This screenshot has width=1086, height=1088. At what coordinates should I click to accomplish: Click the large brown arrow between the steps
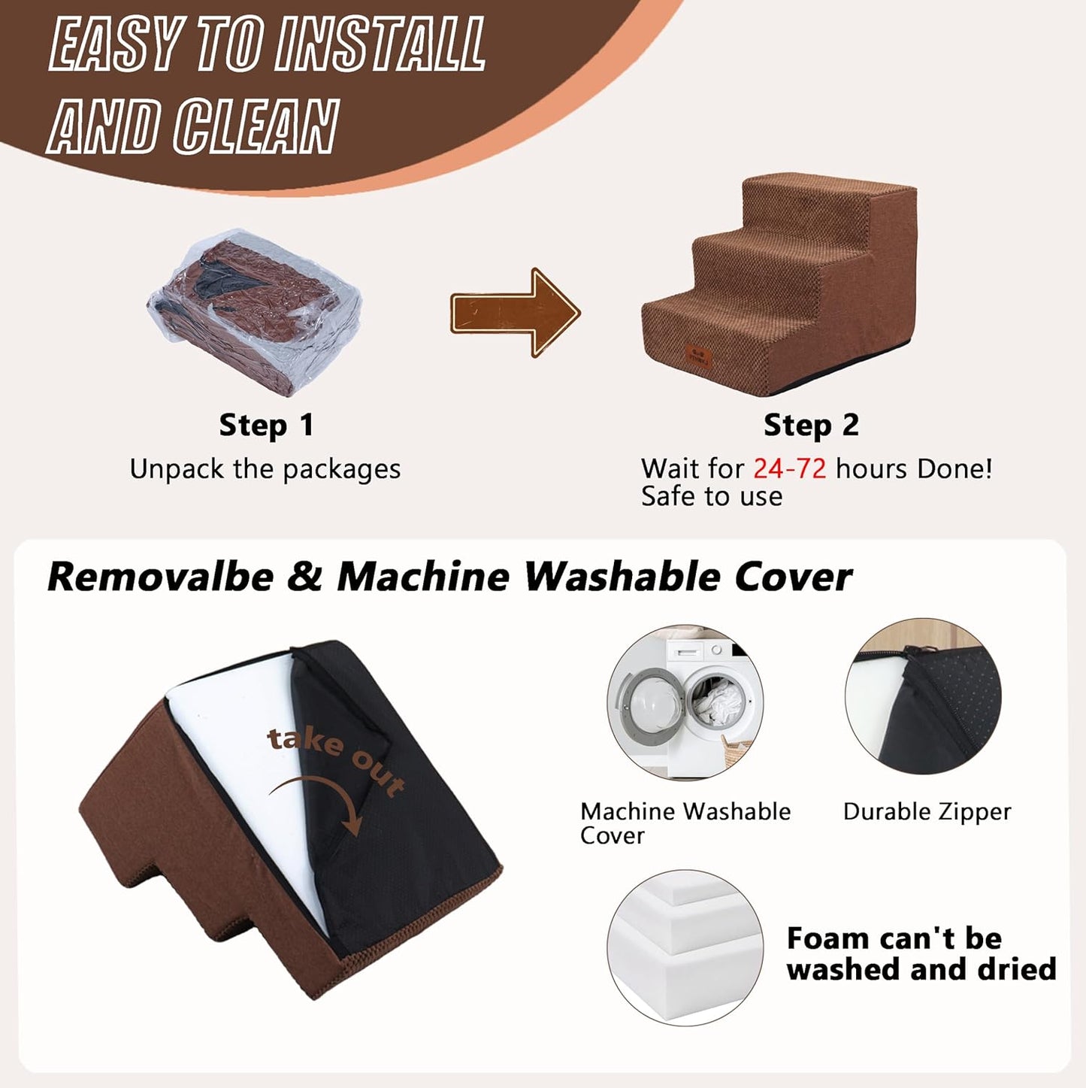click(515, 312)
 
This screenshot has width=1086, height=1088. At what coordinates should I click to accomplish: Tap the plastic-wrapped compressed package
click(255, 312)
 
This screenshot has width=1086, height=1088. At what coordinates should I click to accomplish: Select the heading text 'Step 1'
click(266, 426)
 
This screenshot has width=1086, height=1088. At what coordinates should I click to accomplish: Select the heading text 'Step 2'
click(811, 426)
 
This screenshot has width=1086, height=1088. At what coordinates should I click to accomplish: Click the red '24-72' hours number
click(790, 468)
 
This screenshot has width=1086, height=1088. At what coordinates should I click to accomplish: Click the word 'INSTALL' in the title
click(380, 44)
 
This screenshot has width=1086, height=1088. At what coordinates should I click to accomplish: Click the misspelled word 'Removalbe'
click(161, 577)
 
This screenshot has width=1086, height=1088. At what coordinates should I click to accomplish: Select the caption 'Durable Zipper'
click(927, 812)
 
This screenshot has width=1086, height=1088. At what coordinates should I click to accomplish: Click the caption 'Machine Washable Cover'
click(685, 823)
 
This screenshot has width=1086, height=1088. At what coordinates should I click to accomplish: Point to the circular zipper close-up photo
click(923, 696)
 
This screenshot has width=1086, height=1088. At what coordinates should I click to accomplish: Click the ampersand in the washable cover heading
click(305, 577)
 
